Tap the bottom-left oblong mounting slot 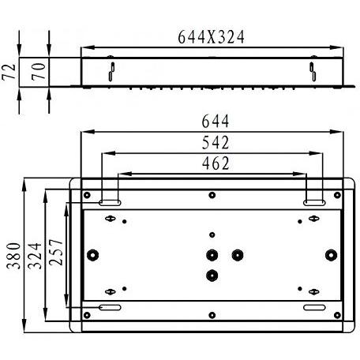tap(110, 306)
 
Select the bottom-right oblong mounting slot tap(313, 306)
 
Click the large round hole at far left tap(94, 254)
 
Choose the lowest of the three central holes tap(212, 274)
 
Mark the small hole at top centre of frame tap(212, 194)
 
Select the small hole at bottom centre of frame tap(212, 317)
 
